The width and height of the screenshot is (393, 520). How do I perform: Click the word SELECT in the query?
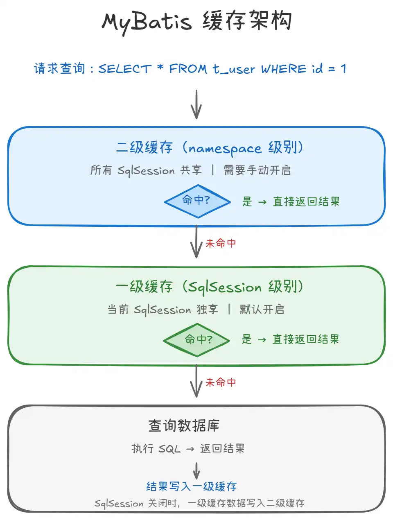[x=125, y=69]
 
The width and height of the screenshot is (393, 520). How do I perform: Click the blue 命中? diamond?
[x=197, y=201]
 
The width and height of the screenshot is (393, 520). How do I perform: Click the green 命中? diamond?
[x=197, y=340]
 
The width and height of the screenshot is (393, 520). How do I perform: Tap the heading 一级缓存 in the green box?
[x=144, y=287]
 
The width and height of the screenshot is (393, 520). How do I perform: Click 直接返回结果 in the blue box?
[x=306, y=201]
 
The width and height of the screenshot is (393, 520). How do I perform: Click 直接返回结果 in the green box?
[x=306, y=339]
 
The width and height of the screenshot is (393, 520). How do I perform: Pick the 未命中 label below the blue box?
[x=221, y=243]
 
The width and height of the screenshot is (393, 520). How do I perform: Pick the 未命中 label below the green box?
[x=221, y=382]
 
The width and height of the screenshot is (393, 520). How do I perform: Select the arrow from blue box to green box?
[x=196, y=242]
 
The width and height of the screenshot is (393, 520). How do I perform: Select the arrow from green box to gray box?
[x=196, y=382]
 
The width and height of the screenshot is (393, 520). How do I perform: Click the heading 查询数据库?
[x=184, y=426]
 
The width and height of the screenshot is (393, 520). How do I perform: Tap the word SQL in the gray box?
[x=169, y=449]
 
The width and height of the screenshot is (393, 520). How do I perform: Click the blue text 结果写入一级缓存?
[x=192, y=486]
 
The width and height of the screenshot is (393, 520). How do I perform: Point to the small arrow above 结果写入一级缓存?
[x=196, y=471]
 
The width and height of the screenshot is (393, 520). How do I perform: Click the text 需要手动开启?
[x=257, y=170]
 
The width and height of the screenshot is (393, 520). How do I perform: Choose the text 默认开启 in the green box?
[x=262, y=310]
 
